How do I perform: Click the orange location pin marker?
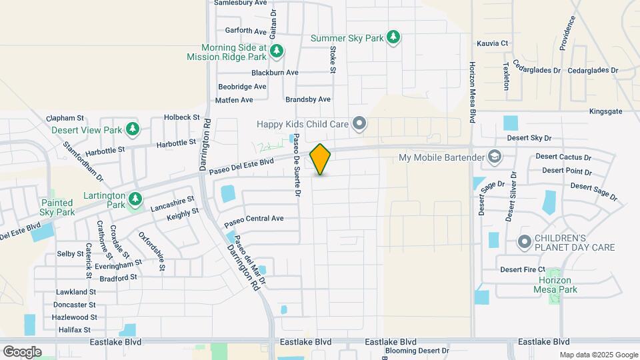coord(321,159)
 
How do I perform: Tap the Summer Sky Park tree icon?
coord(394,37)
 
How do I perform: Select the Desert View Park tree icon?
coord(133,129)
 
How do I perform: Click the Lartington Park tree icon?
coord(135,198)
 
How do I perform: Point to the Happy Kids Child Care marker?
coord(360,123)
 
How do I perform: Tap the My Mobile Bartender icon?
coord(495,157)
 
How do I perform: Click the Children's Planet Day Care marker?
coord(525,242)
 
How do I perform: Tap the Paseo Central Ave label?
coord(254,219)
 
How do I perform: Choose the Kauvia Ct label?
coord(493,43)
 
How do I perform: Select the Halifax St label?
coord(73,330)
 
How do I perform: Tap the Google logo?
coord(22,351)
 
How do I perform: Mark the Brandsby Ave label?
coord(308,99)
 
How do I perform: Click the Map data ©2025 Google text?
coord(599,355)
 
